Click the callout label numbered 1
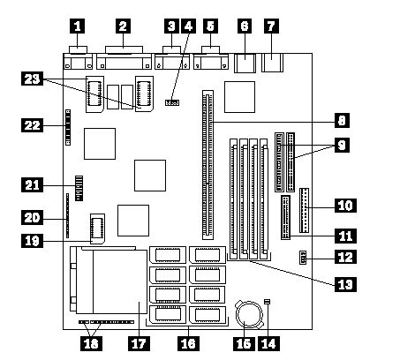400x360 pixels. pyautogui.click(x=77, y=26)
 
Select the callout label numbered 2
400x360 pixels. pyautogui.click(x=123, y=26)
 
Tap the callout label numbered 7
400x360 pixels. pyautogui.click(x=271, y=26)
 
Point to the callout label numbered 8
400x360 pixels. pyautogui.click(x=342, y=120)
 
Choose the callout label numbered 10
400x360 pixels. pyautogui.click(x=345, y=206)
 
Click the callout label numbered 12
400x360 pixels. pyautogui.click(x=345, y=257)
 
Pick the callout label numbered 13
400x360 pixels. pyautogui.click(x=345, y=284)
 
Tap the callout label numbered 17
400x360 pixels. pyautogui.click(x=139, y=343)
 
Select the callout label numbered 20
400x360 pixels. pyautogui.click(x=32, y=218)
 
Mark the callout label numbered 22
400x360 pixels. pyautogui.click(x=32, y=125)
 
